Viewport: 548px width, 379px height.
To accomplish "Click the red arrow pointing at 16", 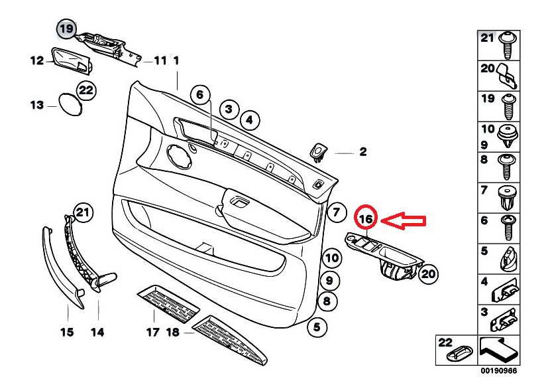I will tap(406, 220).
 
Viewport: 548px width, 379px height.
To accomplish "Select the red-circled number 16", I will tap(366, 218).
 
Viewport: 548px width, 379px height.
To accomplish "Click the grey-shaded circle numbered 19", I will tap(66, 29).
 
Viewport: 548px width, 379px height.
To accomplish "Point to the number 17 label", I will tap(153, 332).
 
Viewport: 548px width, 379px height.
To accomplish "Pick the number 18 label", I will tap(174, 332).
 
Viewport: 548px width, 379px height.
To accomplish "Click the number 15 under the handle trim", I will tap(67, 332).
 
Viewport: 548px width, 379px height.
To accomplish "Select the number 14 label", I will tap(98, 332).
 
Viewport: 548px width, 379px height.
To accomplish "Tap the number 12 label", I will tap(36, 61).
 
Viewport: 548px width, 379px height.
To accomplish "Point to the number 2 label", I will tap(362, 152).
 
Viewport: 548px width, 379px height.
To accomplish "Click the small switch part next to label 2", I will tap(319, 152).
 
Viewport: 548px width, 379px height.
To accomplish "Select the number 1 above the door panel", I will tap(176, 60).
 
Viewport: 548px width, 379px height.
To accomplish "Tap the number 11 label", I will tap(160, 60).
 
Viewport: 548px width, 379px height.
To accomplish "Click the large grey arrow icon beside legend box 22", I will tap(498, 347).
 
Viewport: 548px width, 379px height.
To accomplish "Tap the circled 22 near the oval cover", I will tap(85, 90).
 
